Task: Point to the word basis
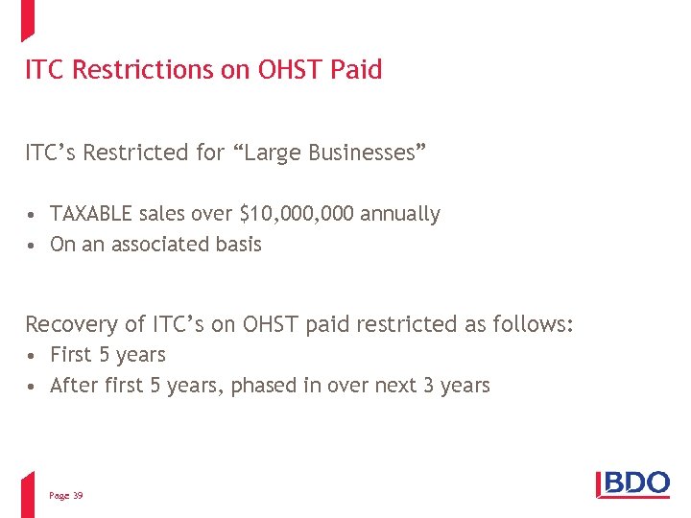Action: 238,245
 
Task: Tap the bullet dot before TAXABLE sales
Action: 32,215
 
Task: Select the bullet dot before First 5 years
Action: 32,356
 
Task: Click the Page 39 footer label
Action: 65,495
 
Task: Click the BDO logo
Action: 633,483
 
